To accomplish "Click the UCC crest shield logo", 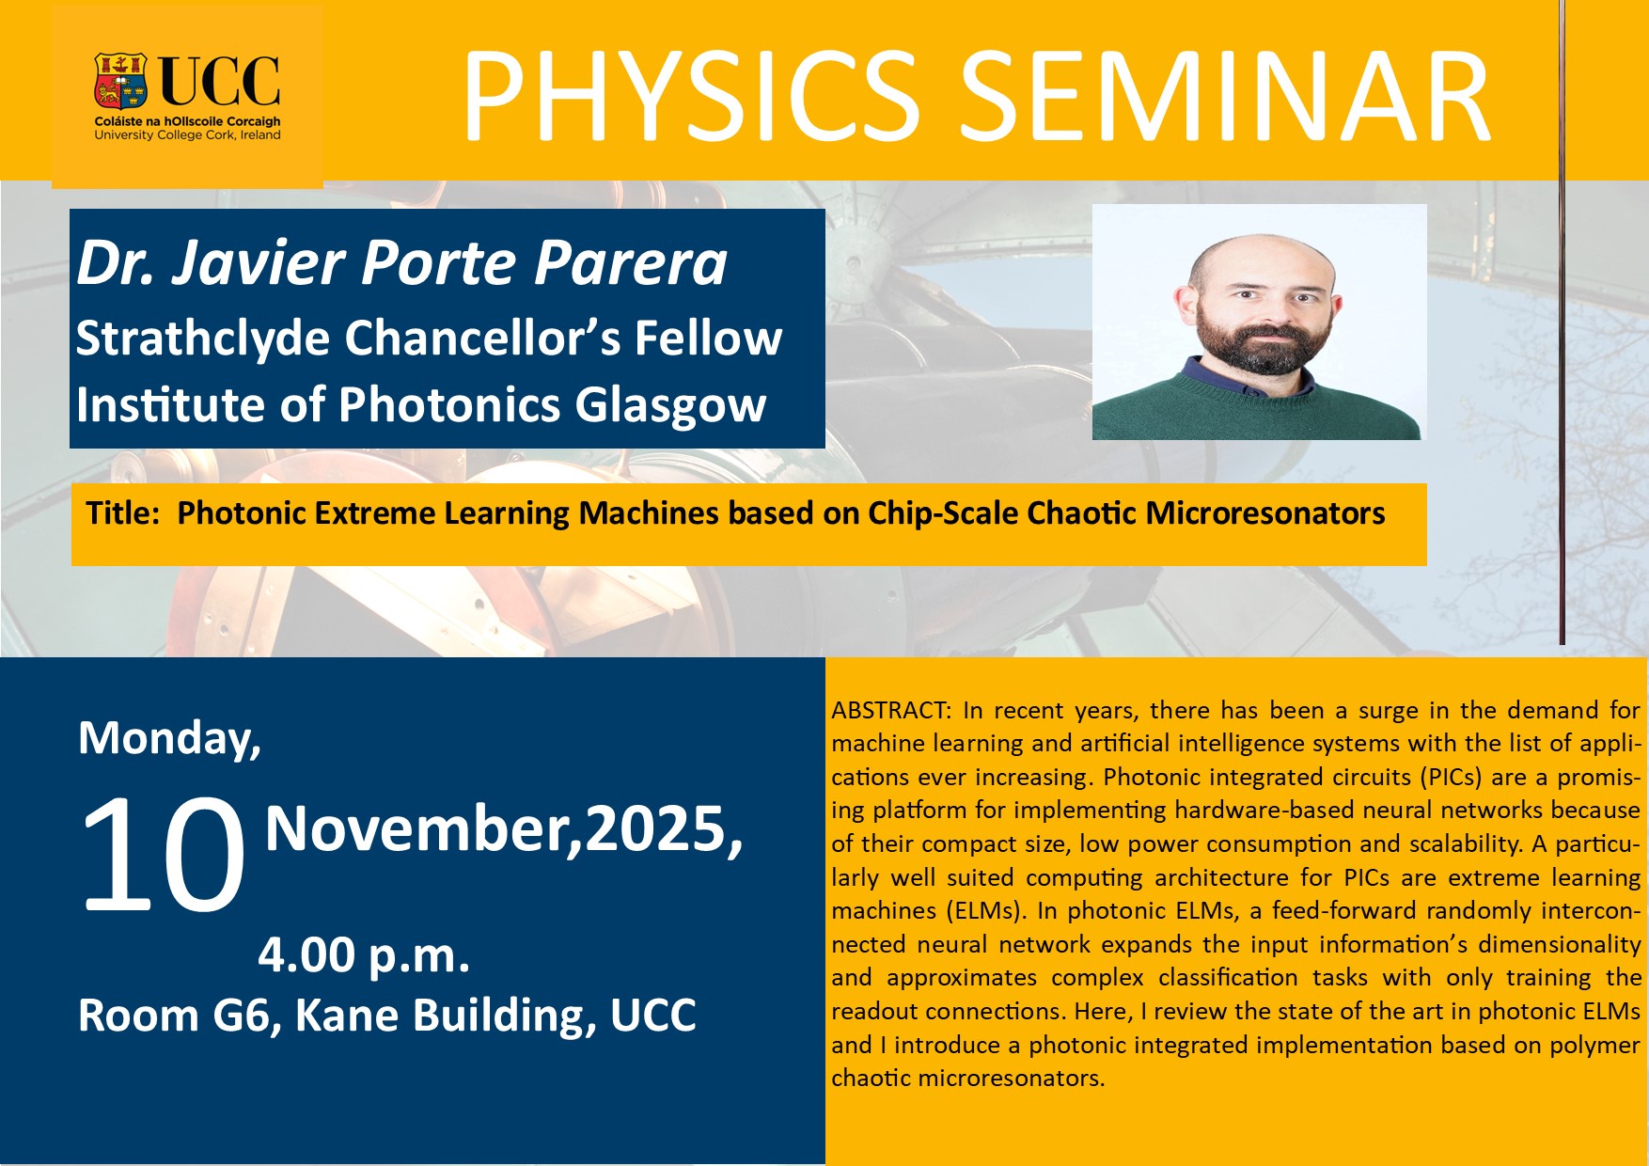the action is point(120,81).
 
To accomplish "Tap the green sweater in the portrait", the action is point(1256,404).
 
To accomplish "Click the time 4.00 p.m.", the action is point(364,956).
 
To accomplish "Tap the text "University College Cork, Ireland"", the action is point(187,135).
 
